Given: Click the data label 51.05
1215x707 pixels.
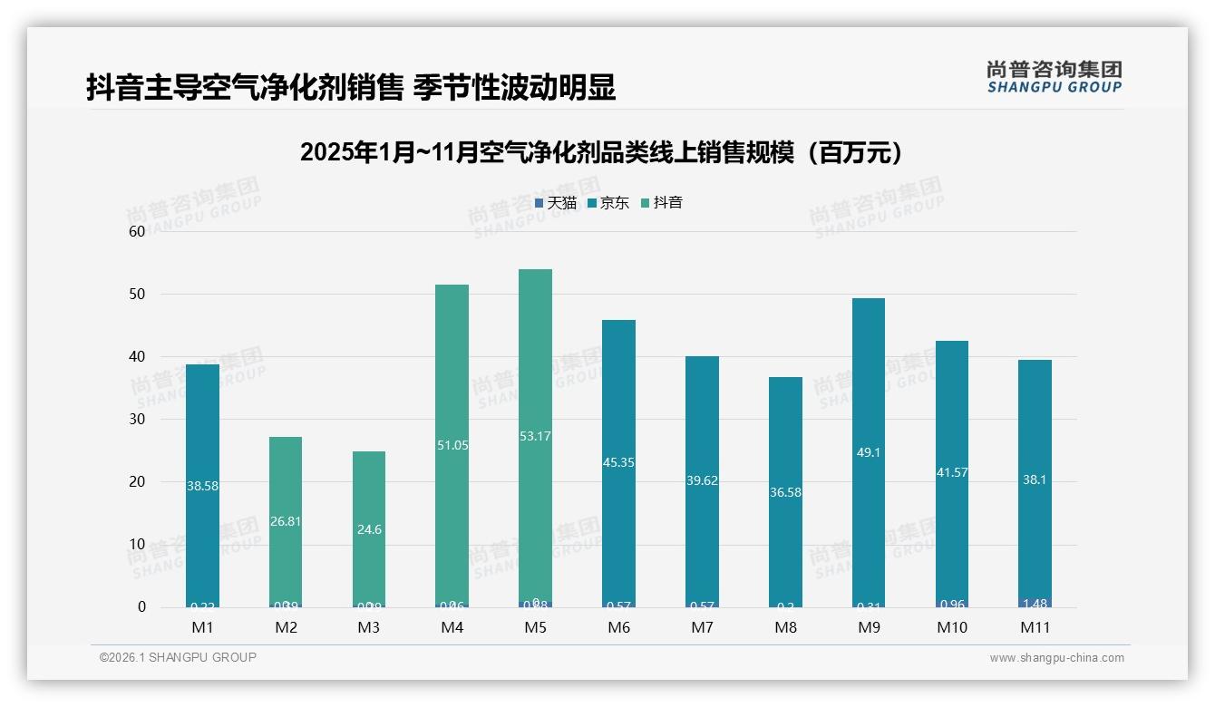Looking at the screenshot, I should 452,445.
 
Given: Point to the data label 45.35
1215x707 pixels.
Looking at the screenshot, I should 618,462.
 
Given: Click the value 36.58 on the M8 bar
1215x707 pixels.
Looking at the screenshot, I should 785,492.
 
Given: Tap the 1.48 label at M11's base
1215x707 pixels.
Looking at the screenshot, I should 1035,604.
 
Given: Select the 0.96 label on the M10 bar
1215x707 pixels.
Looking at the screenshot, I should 951,604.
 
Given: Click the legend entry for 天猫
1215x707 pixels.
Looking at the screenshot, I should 556,203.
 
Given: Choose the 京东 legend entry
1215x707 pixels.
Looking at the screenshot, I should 608,203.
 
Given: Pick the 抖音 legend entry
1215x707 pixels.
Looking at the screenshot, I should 662,203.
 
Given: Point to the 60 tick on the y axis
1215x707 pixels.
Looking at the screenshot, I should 137,231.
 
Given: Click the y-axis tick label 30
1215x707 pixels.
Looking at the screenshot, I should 137,419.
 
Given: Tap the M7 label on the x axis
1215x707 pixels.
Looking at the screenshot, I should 702,627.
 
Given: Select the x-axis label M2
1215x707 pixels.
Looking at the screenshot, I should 286,627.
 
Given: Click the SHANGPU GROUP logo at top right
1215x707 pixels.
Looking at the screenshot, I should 1054,77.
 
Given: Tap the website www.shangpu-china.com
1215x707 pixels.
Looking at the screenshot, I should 1056,658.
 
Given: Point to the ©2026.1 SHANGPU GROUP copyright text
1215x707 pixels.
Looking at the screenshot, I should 178,657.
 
